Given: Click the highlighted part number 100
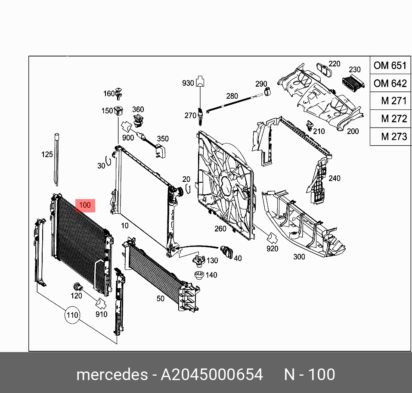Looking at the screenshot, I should (x=85, y=206).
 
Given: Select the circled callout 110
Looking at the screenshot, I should (x=72, y=315).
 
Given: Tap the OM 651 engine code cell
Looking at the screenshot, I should (x=390, y=65).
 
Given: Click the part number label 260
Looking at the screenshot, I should (x=220, y=229).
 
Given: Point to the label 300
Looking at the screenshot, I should (x=299, y=257).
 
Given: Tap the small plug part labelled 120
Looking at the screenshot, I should (x=78, y=286).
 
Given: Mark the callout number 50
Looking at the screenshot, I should (x=160, y=298).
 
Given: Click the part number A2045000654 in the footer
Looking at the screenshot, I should (x=212, y=374).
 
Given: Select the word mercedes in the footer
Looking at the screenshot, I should (x=112, y=374).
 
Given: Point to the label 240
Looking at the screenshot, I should (x=334, y=178).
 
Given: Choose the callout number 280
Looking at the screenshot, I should (x=232, y=96).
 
